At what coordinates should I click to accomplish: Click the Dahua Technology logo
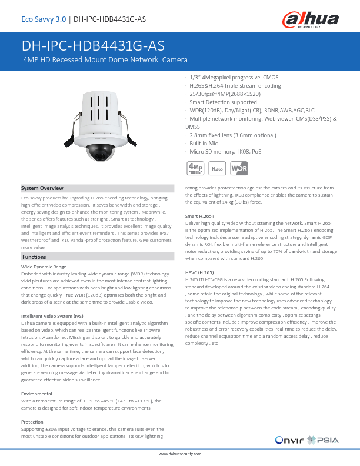(313, 21)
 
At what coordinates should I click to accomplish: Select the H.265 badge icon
(217, 169)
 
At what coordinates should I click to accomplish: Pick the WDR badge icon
(239, 168)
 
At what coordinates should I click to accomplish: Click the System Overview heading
(42, 188)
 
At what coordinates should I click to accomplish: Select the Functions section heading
(35, 258)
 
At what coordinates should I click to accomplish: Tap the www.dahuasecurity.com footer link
(180, 455)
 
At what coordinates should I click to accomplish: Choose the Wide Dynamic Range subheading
(44, 267)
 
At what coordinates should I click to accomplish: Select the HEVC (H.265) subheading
(199, 272)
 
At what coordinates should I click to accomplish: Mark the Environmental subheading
(36, 394)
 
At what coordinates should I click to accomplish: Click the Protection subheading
(32, 422)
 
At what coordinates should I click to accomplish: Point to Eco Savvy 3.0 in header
(43, 19)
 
